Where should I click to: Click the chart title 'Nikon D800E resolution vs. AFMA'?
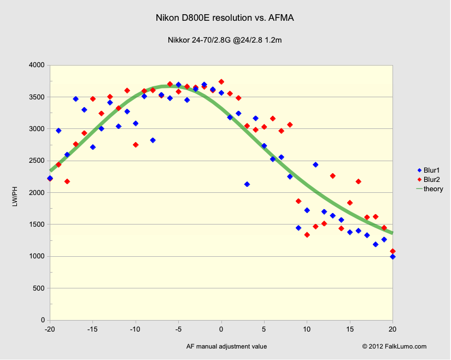tap(225, 19)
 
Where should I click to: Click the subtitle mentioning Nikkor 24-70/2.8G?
tap(225, 40)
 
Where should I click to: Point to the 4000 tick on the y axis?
tap(37, 65)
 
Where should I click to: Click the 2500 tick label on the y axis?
tap(37, 161)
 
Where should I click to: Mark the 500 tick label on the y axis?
tap(39, 288)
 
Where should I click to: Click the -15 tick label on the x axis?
tap(93, 329)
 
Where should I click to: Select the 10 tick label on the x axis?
tap(307, 329)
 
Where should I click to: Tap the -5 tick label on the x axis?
tap(178, 329)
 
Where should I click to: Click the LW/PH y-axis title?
tap(21, 192)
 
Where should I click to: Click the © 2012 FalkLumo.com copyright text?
tap(394, 346)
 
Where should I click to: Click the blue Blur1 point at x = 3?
tap(247, 184)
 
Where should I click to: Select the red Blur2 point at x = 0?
tap(221, 81)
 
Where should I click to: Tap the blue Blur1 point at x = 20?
tap(393, 256)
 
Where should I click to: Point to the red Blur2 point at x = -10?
tap(136, 145)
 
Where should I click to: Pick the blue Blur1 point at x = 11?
tap(315, 164)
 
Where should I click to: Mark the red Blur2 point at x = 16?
tap(359, 181)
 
